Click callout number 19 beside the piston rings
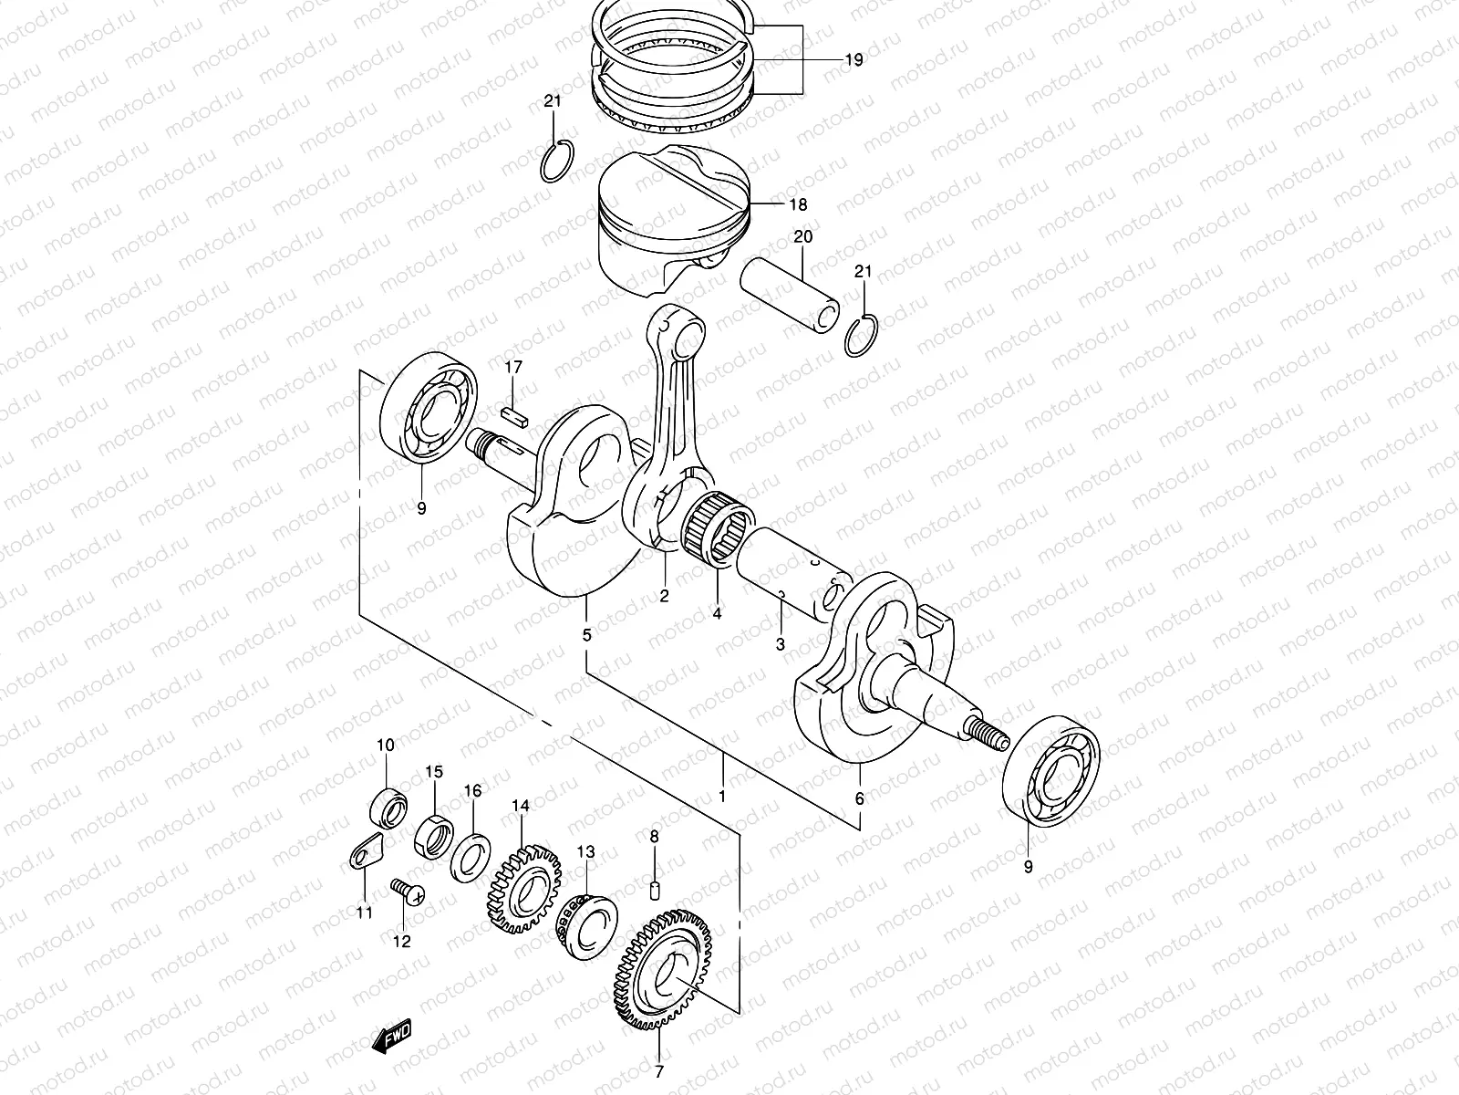853,61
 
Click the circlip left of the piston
558,162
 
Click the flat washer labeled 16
471,856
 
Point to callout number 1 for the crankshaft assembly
722,797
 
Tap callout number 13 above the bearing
585,851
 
